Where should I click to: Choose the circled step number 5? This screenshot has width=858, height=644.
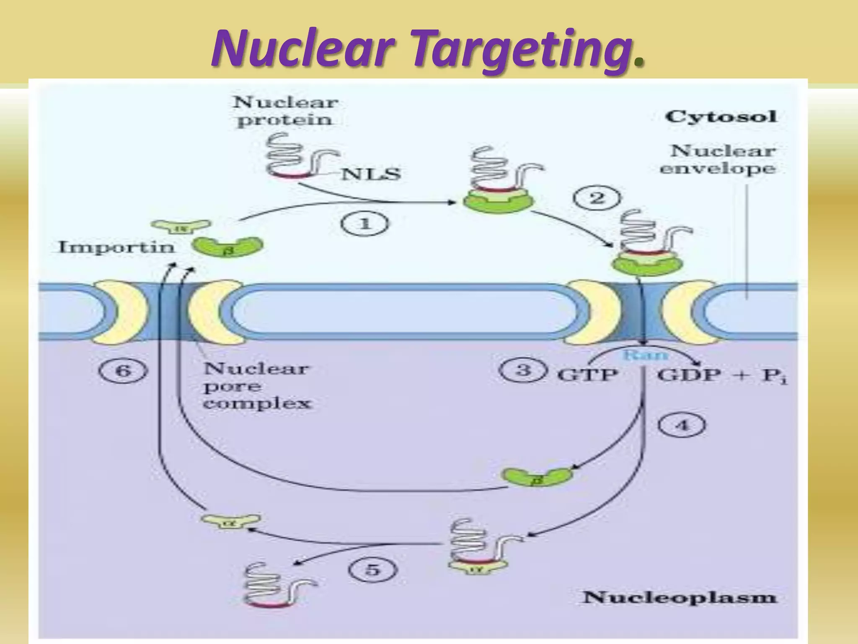(x=372, y=570)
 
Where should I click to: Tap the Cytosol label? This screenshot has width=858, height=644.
(x=721, y=116)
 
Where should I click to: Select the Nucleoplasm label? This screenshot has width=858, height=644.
(x=679, y=597)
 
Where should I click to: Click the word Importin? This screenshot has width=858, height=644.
(x=116, y=247)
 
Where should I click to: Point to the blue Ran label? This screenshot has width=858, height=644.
(x=645, y=356)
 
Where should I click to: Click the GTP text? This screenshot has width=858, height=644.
(x=587, y=374)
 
